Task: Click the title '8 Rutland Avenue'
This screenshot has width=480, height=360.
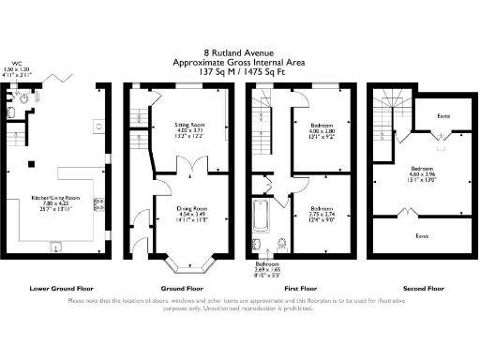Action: tap(239, 52)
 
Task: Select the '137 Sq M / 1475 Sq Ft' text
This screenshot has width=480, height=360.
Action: tap(239, 70)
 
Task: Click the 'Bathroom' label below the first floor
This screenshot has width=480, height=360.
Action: tap(268, 264)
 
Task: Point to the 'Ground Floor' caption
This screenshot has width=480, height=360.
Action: tap(177, 287)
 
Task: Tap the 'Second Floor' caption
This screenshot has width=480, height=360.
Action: tap(421, 287)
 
